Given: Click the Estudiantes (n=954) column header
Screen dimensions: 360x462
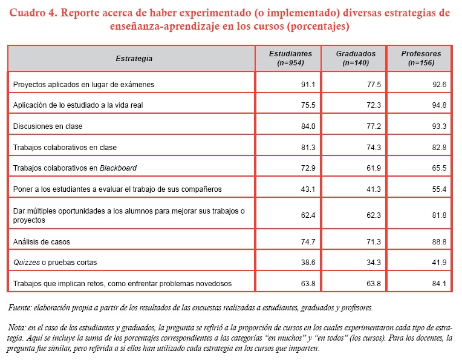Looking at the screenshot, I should point(290,58).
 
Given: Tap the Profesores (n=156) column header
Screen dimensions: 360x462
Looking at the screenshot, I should point(421,58).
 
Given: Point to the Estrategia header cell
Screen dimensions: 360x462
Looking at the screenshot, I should point(134,59).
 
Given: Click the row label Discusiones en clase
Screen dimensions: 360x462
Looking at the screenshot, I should point(48,126).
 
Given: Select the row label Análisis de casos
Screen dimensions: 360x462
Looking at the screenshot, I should point(42,241).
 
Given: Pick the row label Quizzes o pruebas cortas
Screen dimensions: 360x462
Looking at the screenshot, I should point(54,262).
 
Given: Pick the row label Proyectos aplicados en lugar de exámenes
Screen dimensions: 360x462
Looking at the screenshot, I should point(83,85).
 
